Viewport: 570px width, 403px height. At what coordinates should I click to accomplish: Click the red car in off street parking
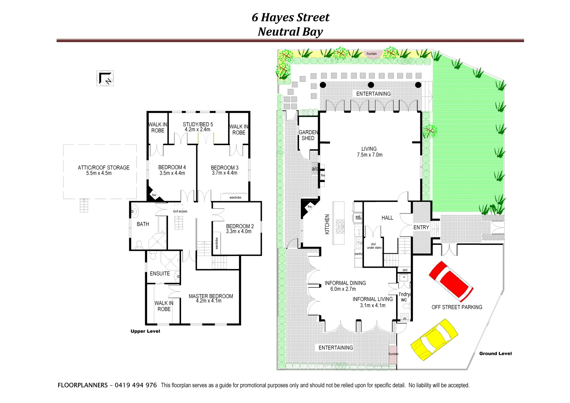pos(451,281)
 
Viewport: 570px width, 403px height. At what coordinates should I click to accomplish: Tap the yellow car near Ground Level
pos(434,339)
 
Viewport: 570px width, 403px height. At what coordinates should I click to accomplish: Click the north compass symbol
pos(105,78)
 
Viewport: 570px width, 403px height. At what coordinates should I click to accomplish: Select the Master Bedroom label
pos(211,296)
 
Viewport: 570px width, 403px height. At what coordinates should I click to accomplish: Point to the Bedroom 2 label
pos(240,226)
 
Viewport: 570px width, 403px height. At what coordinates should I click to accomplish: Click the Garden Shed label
pos(308,135)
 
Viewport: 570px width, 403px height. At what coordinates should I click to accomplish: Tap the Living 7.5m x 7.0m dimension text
pos(369,155)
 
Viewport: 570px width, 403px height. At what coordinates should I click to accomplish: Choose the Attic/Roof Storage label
pos(103,168)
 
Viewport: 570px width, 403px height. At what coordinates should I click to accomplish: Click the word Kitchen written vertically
pos(327,224)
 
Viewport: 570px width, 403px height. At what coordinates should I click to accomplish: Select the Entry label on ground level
pos(421,227)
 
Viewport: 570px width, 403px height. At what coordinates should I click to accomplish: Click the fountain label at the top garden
pos(371,54)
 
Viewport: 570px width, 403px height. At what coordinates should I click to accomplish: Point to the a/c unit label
pos(315,169)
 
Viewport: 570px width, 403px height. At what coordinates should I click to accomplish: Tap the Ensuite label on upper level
pos(160,274)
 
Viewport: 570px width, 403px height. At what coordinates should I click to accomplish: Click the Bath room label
pos(143,224)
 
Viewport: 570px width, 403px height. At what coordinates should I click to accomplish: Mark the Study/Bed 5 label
pos(198,124)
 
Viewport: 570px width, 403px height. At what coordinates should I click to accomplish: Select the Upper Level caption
pos(145,331)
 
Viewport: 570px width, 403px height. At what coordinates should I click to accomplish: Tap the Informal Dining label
pos(345,283)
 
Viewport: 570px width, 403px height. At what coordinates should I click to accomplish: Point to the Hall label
pos(387,218)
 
